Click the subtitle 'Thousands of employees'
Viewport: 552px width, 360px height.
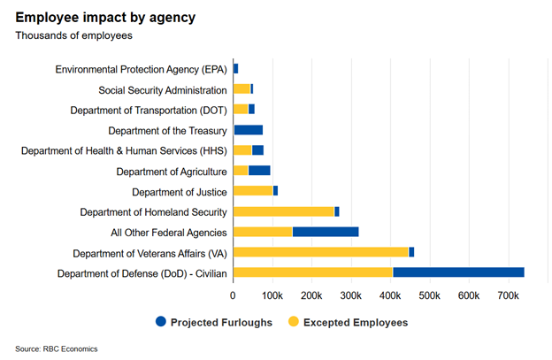pyautogui.click(x=73, y=36)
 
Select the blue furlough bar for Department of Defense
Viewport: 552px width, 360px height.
pyautogui.click(x=458, y=272)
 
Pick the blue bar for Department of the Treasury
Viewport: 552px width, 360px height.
pyautogui.click(x=248, y=130)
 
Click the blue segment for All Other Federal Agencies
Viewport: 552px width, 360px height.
pyautogui.click(x=325, y=232)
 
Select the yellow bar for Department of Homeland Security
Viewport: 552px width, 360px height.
pyautogui.click(x=283, y=211)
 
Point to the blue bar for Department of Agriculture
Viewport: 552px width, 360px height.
pyautogui.click(x=259, y=171)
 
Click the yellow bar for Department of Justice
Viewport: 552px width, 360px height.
pyautogui.click(x=253, y=191)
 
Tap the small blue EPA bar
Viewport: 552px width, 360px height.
pyautogui.click(x=235, y=69)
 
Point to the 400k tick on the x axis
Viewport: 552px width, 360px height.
pyautogui.click(x=389, y=295)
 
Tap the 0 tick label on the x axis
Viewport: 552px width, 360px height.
pyautogui.click(x=233, y=295)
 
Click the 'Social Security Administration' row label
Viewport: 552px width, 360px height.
pyautogui.click(x=163, y=89)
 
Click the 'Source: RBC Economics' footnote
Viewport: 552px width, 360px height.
pyautogui.click(x=57, y=349)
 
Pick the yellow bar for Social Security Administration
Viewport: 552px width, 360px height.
pyautogui.click(x=241, y=89)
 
